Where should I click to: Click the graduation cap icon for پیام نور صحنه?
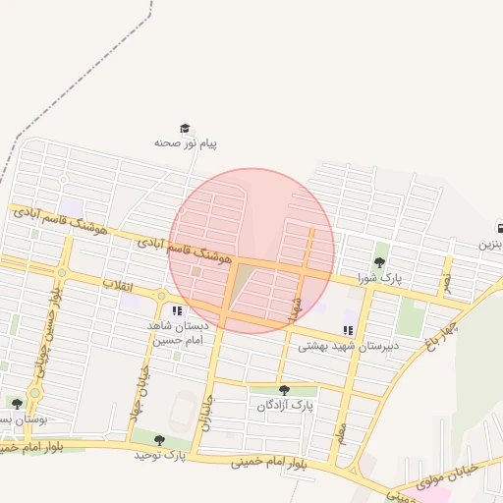click(x=184, y=129)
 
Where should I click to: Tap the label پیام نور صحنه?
click(x=185, y=143)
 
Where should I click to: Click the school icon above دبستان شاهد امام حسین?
click(x=177, y=311)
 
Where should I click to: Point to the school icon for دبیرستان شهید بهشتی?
click(x=348, y=330)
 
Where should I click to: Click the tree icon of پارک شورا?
click(x=380, y=262)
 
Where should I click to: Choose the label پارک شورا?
click(x=380, y=278)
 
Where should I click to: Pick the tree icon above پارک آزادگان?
click(x=284, y=390)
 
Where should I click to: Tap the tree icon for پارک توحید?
click(x=160, y=440)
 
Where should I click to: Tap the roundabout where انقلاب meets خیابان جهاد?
click(x=162, y=296)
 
